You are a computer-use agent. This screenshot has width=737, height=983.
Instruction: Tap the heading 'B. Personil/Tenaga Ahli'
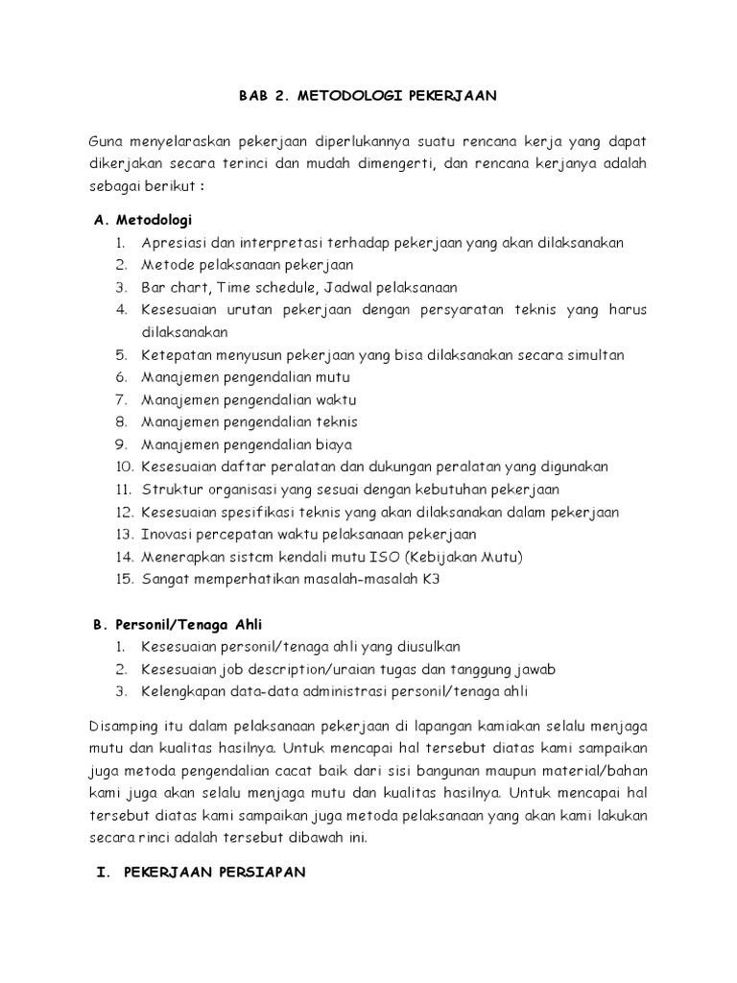pyautogui.click(x=177, y=623)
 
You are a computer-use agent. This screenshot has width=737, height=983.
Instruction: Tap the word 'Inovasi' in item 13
pyautogui.click(x=165, y=534)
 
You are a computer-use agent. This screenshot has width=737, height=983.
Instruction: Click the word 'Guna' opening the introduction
pyautogui.click(x=106, y=140)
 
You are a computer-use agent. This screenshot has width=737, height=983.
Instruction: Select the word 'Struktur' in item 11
pyautogui.click(x=168, y=490)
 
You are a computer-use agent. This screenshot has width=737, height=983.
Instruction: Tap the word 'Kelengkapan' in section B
pyautogui.click(x=182, y=690)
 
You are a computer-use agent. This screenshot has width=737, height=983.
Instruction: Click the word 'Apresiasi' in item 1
pyautogui.click(x=173, y=243)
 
